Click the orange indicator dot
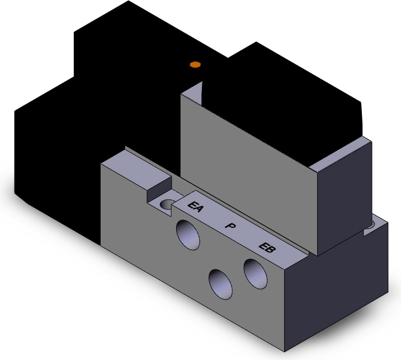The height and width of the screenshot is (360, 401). [195, 64]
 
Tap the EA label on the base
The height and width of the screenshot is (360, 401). [196, 207]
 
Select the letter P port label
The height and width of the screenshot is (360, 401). [230, 226]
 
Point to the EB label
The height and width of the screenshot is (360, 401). [267, 247]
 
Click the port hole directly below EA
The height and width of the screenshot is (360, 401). [188, 235]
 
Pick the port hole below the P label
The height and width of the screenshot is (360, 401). [220, 284]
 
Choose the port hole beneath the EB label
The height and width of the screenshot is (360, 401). [256, 274]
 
